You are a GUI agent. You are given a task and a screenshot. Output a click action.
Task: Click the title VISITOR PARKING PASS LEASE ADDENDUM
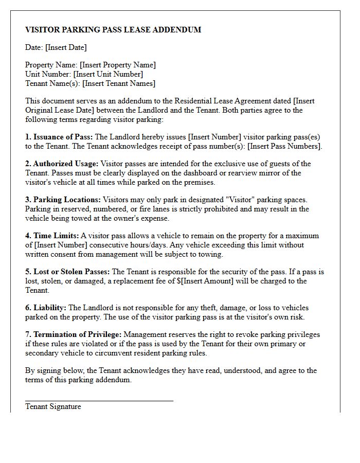[113, 30]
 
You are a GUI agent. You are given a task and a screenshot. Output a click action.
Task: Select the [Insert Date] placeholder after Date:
[66, 47]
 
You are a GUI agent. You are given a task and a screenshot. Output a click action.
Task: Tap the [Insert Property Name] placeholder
[118, 65]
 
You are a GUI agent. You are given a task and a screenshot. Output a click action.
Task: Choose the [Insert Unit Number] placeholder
[108, 74]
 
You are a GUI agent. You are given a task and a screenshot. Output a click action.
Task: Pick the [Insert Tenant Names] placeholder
[119, 83]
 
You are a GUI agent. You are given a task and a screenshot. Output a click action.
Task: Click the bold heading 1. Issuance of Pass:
[59, 137]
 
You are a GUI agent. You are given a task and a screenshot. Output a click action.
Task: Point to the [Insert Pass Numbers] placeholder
[284, 146]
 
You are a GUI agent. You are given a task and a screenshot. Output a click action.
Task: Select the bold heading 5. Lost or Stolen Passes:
[67, 272]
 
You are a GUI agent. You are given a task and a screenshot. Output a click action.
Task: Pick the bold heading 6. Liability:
[46, 308]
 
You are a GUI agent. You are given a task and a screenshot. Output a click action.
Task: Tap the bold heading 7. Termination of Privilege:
[74, 334]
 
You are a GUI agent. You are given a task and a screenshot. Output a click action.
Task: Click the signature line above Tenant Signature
[99, 400]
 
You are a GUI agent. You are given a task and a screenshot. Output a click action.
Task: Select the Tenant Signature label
[53, 406]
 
